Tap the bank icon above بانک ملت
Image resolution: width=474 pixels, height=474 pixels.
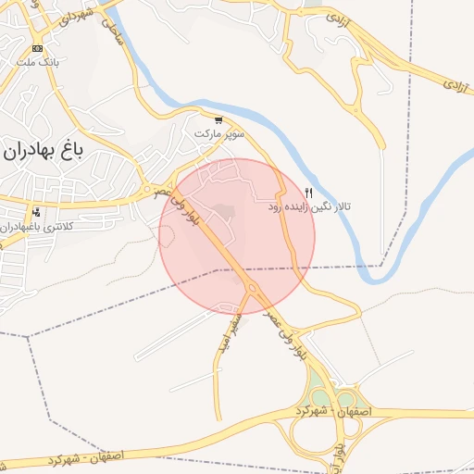tap(37, 48)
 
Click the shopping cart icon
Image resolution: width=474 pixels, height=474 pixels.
tap(218, 120)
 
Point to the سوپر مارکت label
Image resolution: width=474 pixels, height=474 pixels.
tap(219, 134)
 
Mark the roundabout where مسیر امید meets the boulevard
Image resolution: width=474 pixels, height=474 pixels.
tap(253, 289)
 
